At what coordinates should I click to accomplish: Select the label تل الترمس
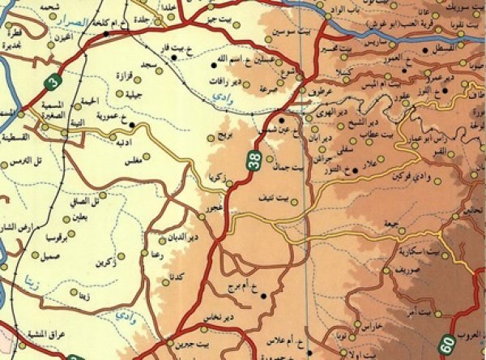(25, 162)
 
